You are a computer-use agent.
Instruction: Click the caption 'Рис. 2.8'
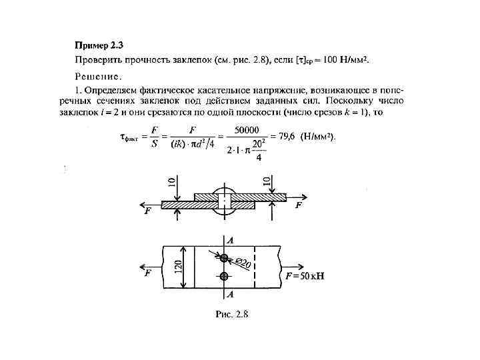231,315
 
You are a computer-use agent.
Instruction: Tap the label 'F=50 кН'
305,275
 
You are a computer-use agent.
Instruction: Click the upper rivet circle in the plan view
224,259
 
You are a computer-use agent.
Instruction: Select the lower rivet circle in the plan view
224,276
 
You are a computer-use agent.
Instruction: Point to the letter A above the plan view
229,239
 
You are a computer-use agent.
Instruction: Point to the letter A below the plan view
229,294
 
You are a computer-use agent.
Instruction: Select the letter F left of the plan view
148,273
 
